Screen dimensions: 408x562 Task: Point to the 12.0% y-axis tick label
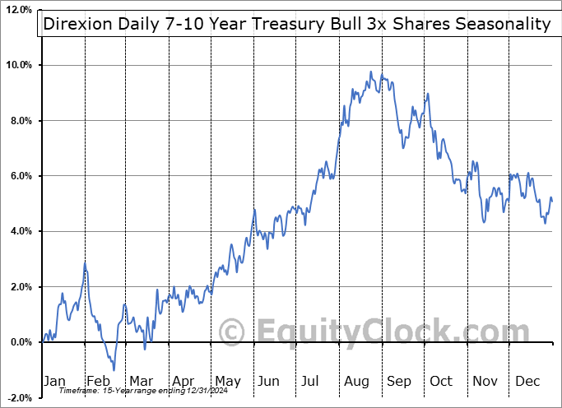click(x=17, y=10)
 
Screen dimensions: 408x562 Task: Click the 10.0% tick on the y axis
click(x=17, y=65)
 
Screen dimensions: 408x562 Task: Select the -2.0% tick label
click(x=18, y=397)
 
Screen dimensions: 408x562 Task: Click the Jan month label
click(x=53, y=381)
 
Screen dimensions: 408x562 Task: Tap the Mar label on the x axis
click(x=141, y=381)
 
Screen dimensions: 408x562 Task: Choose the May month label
click(x=227, y=381)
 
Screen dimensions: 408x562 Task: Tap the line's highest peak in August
click(x=371, y=72)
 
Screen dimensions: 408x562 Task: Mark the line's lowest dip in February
click(x=114, y=369)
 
